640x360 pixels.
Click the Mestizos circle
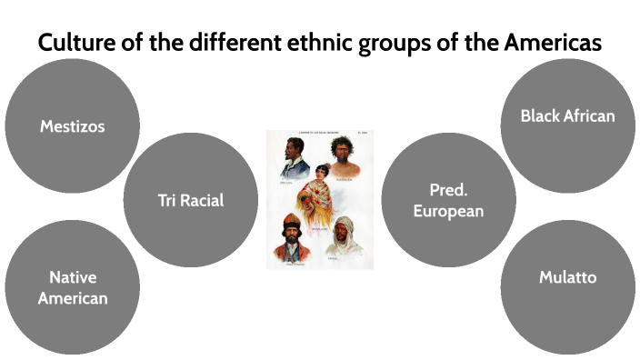(x=73, y=125)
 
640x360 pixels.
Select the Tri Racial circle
(x=190, y=200)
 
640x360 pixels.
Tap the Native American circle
(x=73, y=287)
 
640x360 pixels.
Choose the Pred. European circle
(x=448, y=200)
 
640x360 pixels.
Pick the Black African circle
(x=567, y=115)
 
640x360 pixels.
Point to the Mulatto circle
(x=567, y=277)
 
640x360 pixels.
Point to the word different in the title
(x=229, y=43)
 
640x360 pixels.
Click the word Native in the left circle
(x=73, y=277)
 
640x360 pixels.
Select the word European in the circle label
(x=448, y=211)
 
